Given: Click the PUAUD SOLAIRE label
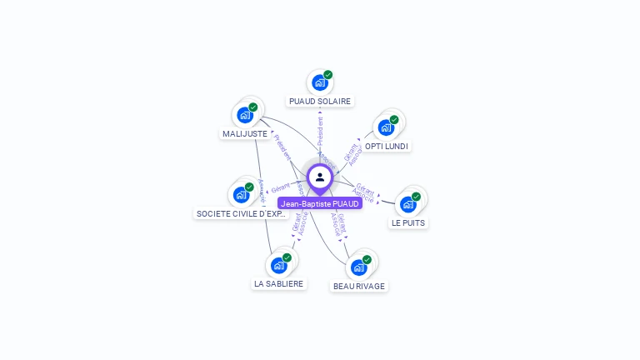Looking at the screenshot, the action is (319, 101).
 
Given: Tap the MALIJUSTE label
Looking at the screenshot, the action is (245, 133).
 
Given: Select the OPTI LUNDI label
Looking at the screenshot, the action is (387, 146).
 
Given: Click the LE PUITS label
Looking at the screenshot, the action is (408, 222).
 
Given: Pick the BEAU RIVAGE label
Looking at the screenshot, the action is (359, 286).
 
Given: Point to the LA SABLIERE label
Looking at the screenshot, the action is (278, 283).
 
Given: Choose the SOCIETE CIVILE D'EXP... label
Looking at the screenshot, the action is (242, 213).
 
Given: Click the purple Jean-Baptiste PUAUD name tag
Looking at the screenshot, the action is (320, 203).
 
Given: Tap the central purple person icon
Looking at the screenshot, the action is (320, 177).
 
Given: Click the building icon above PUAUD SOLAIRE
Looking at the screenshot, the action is (319, 82).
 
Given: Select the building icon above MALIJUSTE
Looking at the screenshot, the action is (244, 115).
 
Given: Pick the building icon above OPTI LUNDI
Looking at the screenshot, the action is (386, 127).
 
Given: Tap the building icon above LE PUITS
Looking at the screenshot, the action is (407, 204).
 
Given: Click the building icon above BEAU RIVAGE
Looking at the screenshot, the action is (358, 267).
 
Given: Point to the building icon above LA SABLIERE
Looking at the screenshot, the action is (278, 265).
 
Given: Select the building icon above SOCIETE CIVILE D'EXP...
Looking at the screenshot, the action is (241, 195).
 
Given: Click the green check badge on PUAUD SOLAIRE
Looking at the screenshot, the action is (328, 74).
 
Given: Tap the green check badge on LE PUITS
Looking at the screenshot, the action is (416, 197).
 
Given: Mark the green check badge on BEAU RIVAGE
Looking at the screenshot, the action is (367, 259).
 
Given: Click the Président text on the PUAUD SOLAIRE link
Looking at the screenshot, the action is (321, 132).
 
